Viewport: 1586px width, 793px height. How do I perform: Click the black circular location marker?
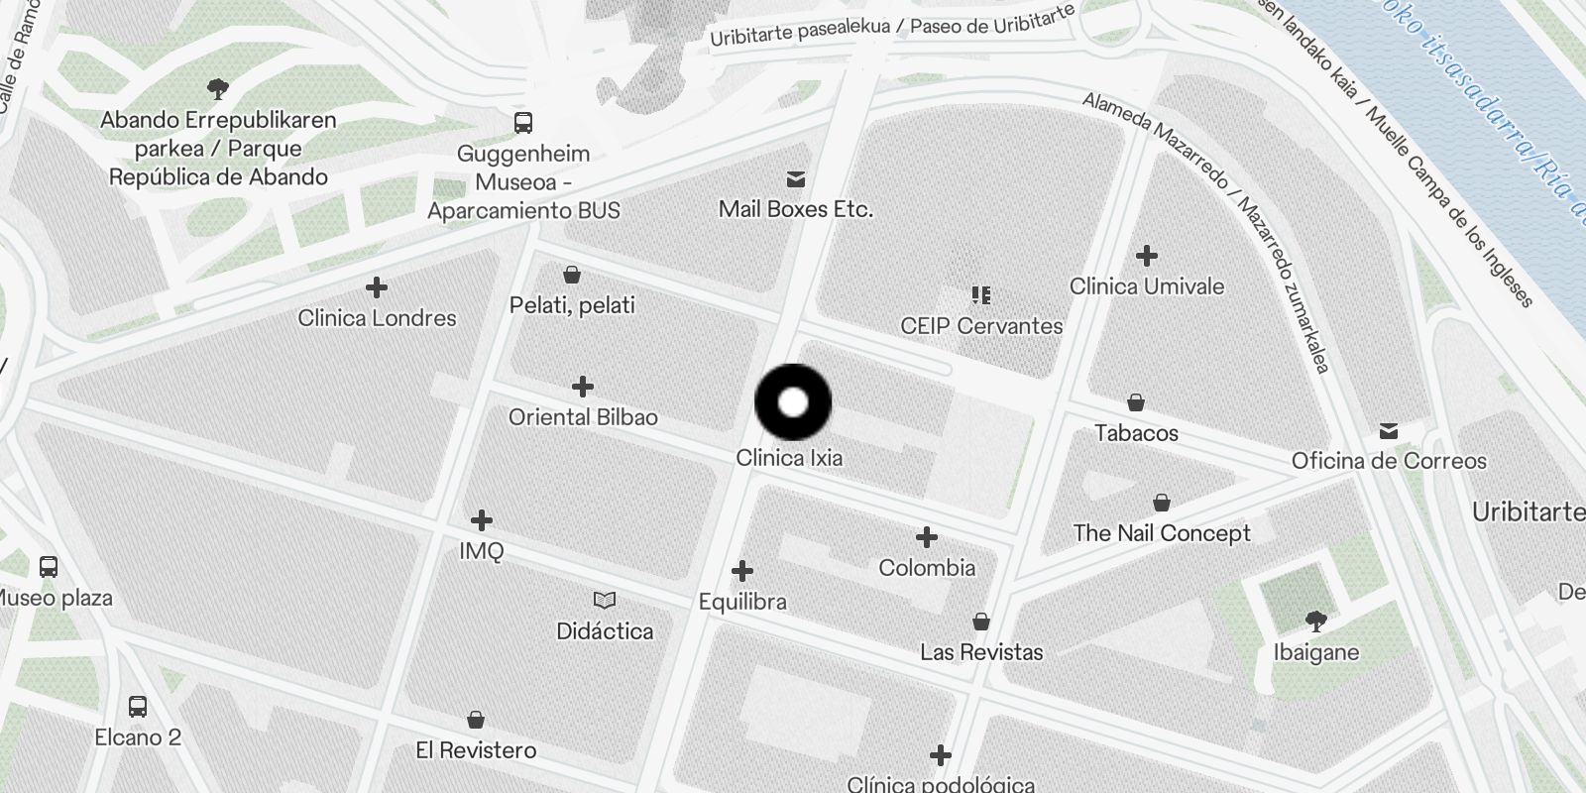(x=793, y=402)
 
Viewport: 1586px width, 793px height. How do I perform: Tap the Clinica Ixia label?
(x=789, y=458)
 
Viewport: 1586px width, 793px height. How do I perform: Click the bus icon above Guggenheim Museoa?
(x=523, y=123)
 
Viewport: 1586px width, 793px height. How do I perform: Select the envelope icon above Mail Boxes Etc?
(x=795, y=179)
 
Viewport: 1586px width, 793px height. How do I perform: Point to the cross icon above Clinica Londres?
(x=376, y=288)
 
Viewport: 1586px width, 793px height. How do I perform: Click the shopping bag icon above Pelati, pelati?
(x=572, y=275)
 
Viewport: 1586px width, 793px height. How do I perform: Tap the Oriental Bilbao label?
(x=583, y=417)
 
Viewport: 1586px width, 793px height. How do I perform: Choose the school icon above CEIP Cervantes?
(x=981, y=295)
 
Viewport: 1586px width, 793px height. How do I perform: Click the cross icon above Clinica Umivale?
(x=1147, y=256)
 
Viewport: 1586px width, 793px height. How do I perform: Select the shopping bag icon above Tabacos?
(x=1136, y=402)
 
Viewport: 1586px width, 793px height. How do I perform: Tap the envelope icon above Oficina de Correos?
(x=1389, y=431)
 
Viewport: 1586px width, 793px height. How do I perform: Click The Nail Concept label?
(x=1162, y=533)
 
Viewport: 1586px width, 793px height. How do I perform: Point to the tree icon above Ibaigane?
(x=1316, y=622)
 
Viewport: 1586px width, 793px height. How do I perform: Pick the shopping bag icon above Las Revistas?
(x=981, y=622)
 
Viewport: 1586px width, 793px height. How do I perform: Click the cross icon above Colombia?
(x=927, y=537)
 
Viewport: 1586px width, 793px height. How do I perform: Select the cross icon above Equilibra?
(x=742, y=571)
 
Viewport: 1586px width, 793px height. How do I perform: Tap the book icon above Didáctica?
(x=605, y=601)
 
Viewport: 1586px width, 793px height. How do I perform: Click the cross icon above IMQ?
(x=482, y=520)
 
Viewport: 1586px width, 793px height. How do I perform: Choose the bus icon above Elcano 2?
(x=138, y=707)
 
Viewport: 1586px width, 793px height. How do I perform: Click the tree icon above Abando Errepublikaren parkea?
(x=218, y=89)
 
